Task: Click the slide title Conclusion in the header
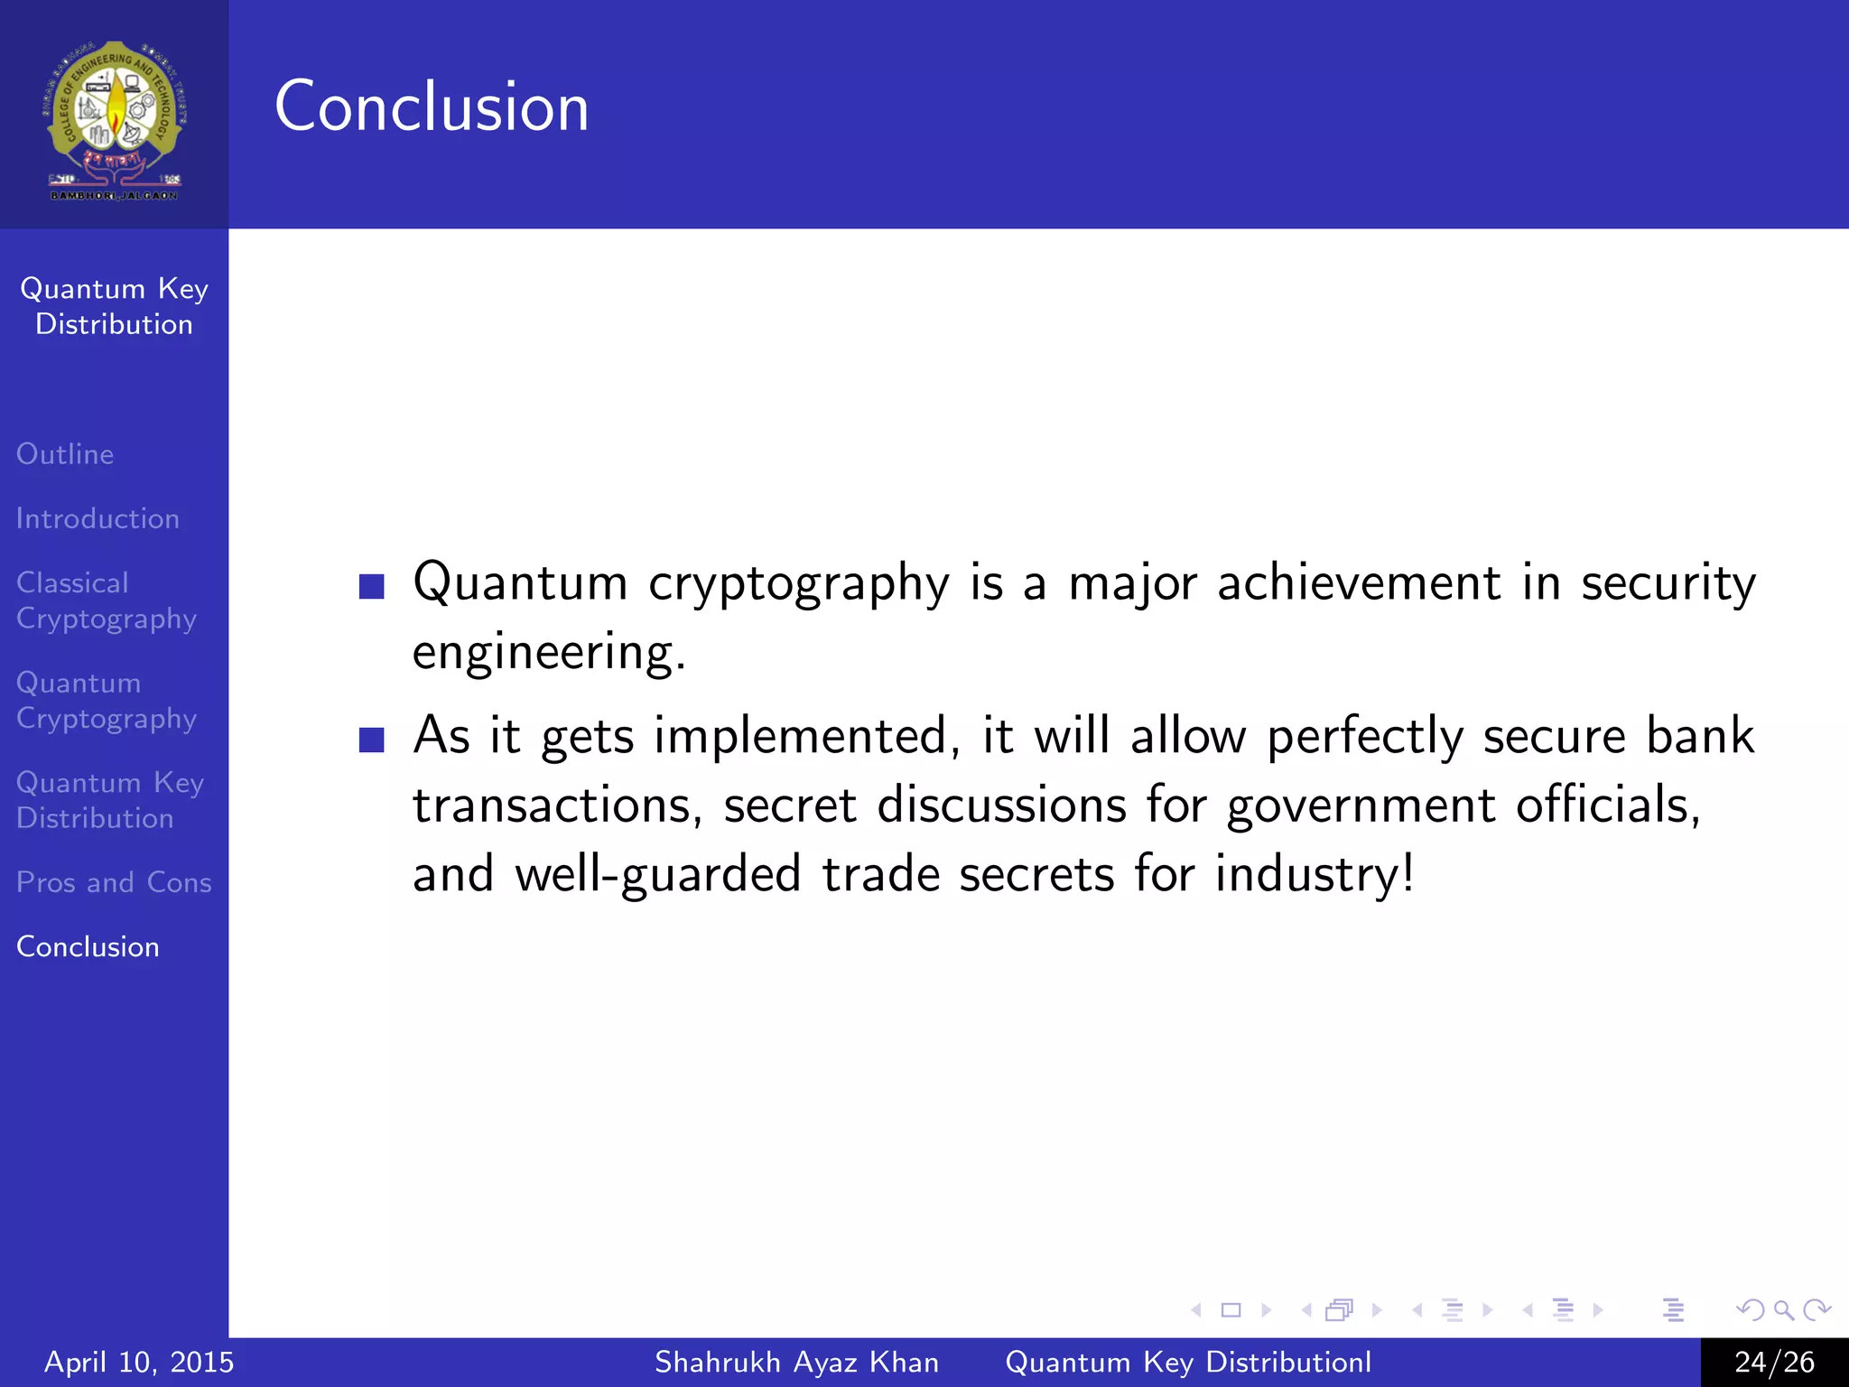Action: (x=432, y=107)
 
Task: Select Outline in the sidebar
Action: (x=65, y=454)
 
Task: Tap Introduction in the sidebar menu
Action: (x=98, y=519)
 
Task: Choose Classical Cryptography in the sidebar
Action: (x=106, y=600)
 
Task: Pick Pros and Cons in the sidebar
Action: (x=114, y=882)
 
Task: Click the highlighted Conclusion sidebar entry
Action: (x=88, y=946)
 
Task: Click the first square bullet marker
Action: (x=372, y=586)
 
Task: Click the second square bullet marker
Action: (x=372, y=740)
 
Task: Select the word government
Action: (x=1361, y=805)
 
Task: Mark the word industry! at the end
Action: (x=1315, y=874)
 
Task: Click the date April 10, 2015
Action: (x=139, y=1362)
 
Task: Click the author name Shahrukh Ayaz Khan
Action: (x=796, y=1362)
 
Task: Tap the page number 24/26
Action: (x=1774, y=1362)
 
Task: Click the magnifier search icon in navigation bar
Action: (x=1783, y=1309)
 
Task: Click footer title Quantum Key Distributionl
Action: (x=1188, y=1362)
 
